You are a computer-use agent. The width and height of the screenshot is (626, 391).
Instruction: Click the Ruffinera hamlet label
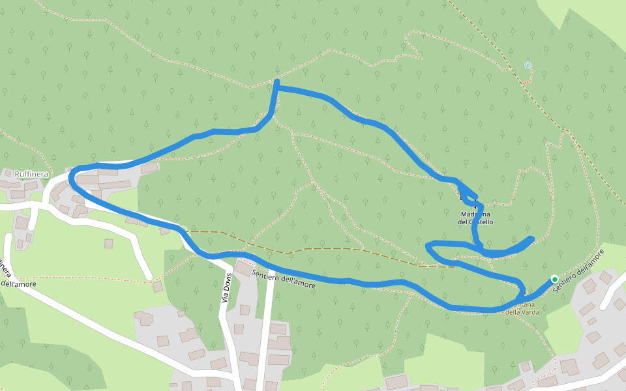pyautogui.click(x=32, y=175)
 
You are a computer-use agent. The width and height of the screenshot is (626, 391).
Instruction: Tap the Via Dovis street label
pyautogui.click(x=226, y=287)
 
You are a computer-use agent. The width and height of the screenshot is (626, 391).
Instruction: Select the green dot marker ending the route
pyautogui.click(x=554, y=279)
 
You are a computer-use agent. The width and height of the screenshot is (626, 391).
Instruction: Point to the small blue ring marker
pyautogui.click(x=528, y=65)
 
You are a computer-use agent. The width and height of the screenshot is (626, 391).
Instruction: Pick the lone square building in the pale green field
pyautogui.click(x=108, y=243)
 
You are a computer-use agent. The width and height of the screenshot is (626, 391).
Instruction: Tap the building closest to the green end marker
pyautogui.click(x=589, y=287)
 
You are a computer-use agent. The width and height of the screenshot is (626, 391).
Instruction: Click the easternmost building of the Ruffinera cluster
pyautogui.click(x=149, y=169)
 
